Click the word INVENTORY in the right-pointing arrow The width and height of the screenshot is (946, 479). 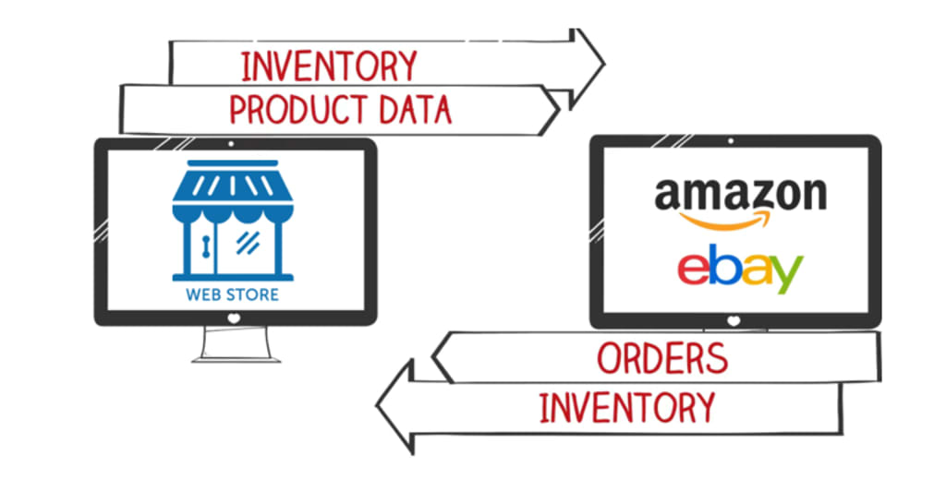pos(329,66)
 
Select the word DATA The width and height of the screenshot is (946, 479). pos(415,110)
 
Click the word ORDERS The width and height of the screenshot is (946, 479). pos(661,357)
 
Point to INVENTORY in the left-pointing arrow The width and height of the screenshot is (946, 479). pos(626,407)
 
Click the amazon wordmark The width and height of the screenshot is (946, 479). pos(740,195)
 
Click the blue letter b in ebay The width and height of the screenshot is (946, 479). pos(723,264)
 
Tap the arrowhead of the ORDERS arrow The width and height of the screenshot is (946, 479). pos(445,358)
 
